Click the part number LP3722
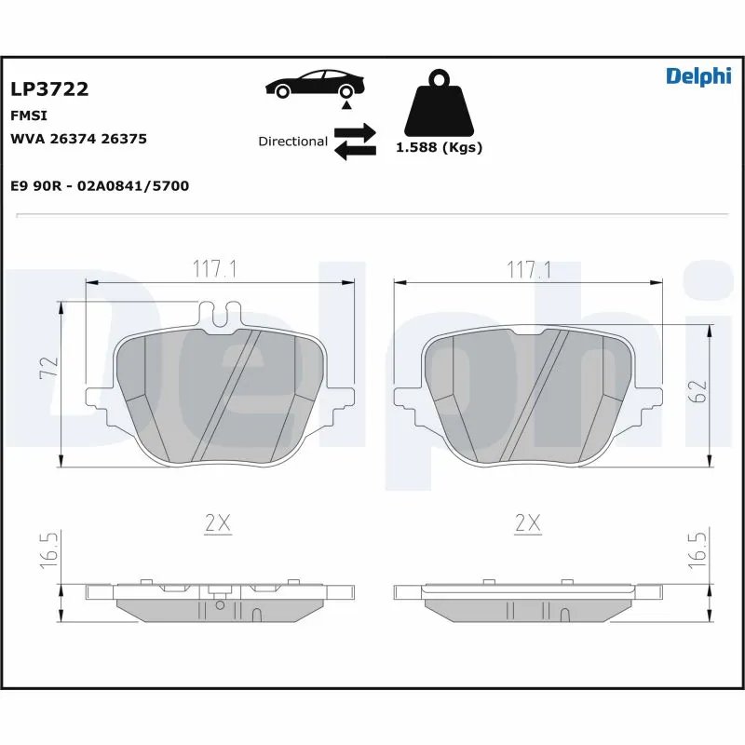49,89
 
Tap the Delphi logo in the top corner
698,77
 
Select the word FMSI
29,115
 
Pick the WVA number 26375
124,139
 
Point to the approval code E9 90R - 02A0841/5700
100,186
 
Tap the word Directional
292,142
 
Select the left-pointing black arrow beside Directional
355,150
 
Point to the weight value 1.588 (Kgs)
439,148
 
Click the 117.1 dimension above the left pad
216,270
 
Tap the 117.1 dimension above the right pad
528,270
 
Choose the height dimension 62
701,391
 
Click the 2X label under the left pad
217,524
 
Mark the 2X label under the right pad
528,524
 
